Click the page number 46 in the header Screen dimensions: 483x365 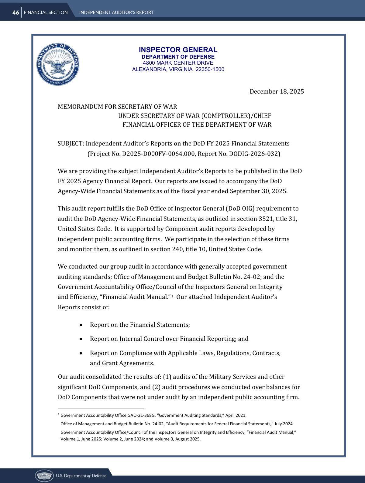[15, 12]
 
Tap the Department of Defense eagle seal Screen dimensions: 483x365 [58, 64]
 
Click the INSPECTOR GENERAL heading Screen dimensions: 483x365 [178, 50]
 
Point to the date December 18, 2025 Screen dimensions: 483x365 [277, 91]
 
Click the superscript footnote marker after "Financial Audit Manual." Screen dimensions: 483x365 [172, 296]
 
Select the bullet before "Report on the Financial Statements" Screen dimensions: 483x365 [81, 325]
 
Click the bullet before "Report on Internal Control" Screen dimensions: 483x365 [81, 339]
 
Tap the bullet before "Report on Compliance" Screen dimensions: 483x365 [81, 353]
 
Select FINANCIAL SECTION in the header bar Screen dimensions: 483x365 [46, 12]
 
